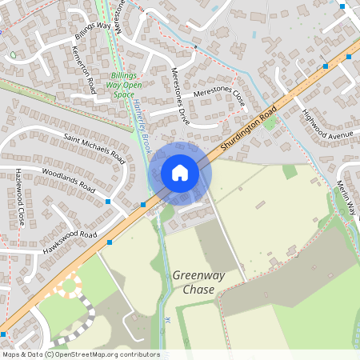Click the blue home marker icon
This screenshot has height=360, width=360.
(180, 172)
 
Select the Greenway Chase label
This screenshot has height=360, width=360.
(194, 282)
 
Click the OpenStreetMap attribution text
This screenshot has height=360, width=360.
(81, 354)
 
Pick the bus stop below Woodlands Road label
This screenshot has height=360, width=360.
(109, 201)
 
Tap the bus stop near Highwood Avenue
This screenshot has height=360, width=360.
(326, 67)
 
